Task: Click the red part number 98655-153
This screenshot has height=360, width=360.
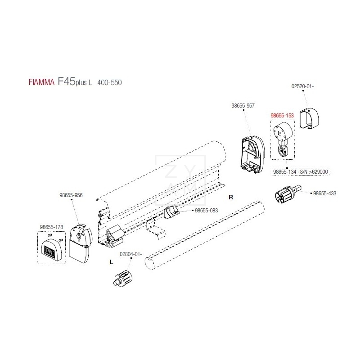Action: click(282, 116)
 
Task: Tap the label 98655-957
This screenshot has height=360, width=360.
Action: click(243, 105)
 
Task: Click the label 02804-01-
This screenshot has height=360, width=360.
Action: click(130, 254)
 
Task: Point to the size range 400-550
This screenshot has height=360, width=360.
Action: click(110, 83)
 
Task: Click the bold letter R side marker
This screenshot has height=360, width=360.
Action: click(231, 197)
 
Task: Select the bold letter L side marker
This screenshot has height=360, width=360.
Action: click(111, 261)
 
